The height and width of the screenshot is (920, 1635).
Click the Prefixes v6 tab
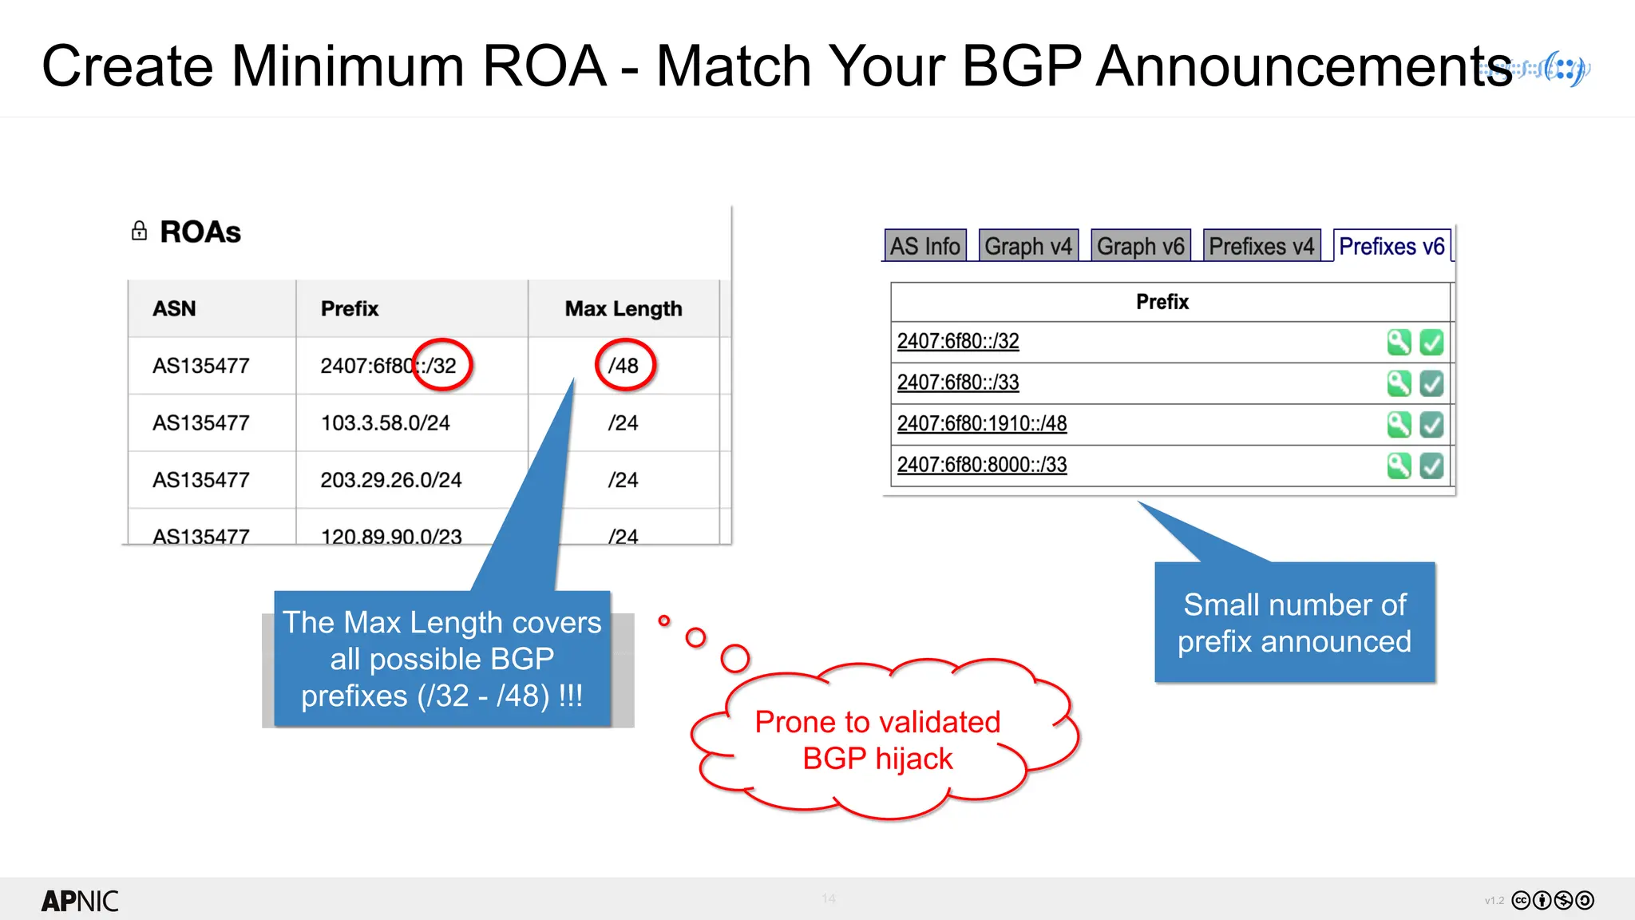coord(1392,246)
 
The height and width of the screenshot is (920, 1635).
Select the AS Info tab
coord(925,246)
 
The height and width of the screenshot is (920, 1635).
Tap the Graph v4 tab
coord(1028,246)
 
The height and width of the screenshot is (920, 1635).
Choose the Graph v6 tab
coord(1140,246)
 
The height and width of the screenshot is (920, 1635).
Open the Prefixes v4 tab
coord(1261,246)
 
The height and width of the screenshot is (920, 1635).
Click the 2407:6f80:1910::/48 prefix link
coord(982,423)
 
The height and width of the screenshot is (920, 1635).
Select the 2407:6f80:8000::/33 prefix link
coord(982,465)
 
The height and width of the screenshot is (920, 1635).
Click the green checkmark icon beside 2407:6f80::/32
coord(1431,342)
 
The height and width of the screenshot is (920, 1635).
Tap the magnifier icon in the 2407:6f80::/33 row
coord(1399,383)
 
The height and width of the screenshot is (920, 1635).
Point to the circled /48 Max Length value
coord(624,366)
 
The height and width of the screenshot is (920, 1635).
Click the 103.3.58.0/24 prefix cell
coord(386,422)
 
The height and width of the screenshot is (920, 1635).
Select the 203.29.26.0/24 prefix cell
coord(391,480)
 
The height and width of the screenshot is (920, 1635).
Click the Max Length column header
coord(624,308)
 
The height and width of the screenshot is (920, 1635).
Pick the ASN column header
coord(174,308)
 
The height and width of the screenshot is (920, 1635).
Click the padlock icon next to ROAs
coord(140,231)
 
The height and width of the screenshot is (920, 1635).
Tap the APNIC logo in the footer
coord(80,901)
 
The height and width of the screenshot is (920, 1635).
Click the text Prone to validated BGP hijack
coord(877,740)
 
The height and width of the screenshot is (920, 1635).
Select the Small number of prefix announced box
coord(1294,623)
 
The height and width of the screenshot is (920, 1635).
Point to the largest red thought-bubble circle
coord(734,658)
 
